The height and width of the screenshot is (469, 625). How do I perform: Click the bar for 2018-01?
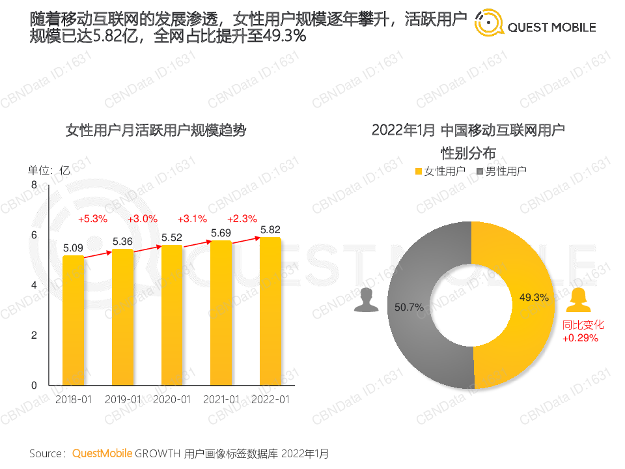[74, 320]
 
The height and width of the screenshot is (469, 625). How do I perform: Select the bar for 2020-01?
[172, 315]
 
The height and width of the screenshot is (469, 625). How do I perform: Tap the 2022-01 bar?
[270, 311]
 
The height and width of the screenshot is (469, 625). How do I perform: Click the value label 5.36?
[122, 242]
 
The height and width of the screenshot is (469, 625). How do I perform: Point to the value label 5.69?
[221, 233]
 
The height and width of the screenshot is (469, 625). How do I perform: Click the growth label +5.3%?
[92, 219]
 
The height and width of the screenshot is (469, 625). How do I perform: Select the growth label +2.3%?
[242, 219]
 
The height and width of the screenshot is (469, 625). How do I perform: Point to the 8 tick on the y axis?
[35, 186]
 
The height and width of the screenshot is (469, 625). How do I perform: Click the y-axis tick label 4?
[35, 285]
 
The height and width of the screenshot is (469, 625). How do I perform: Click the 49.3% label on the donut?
[534, 298]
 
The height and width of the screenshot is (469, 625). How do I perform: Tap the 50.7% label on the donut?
[409, 306]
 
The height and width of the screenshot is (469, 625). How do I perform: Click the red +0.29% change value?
[580, 337]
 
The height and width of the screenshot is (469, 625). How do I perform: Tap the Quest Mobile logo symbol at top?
[488, 23]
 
